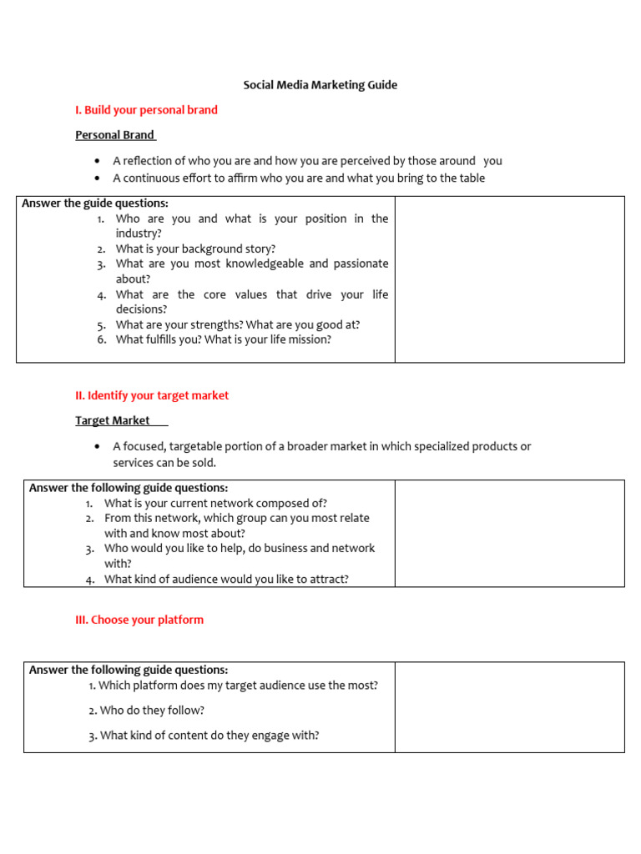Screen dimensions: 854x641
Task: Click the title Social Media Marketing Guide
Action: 320,85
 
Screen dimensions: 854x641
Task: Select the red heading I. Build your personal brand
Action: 146,110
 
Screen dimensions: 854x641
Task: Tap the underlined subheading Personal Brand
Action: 115,135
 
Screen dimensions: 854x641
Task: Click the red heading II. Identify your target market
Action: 152,395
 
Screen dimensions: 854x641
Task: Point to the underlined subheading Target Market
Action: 113,421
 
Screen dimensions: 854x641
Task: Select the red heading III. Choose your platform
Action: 139,620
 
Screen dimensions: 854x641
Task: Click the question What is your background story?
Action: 195,249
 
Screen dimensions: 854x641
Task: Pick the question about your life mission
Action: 223,339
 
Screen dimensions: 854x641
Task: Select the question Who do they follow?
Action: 146,711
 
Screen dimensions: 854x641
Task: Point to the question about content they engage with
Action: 204,736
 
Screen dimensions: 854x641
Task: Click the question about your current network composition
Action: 215,503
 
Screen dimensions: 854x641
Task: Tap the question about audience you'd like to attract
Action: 226,579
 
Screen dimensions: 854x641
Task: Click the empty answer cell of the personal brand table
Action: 509,279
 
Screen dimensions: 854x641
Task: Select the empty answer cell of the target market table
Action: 509,533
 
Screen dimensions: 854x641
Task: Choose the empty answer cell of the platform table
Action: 509,707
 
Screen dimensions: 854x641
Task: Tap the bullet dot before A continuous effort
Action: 98,178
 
